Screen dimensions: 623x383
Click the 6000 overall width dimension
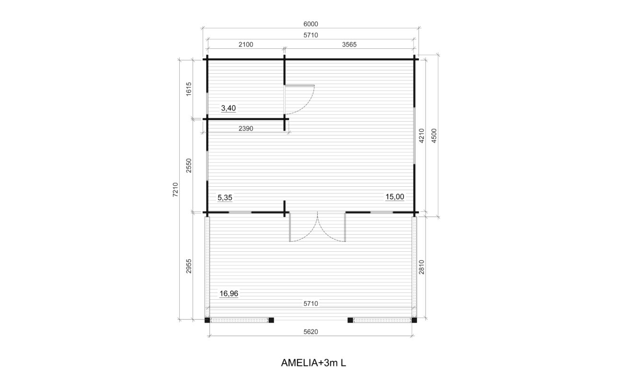311,24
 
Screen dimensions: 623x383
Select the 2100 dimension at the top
246,45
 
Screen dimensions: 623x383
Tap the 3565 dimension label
349,45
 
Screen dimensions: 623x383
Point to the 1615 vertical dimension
189,89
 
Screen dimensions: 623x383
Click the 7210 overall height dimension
175,190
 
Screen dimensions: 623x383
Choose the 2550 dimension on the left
189,165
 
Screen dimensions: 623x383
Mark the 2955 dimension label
189,266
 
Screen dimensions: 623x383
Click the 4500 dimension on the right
434,135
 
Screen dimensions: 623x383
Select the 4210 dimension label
422,135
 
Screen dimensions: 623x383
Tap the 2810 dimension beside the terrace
422,267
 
